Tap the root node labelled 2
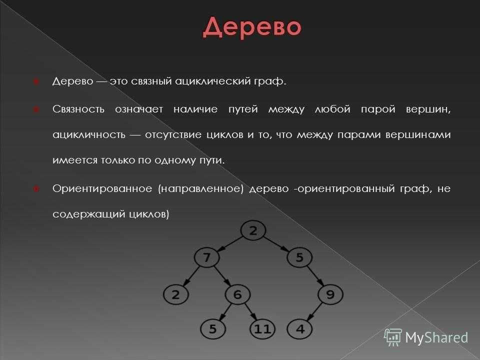[x=253, y=230]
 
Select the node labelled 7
[x=206, y=257]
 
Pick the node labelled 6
[x=237, y=294]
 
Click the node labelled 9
[x=330, y=294]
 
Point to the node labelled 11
[x=262, y=329]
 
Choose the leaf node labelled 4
[x=300, y=329]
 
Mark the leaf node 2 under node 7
[x=175, y=294]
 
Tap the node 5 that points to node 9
[x=299, y=257]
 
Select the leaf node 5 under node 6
[x=213, y=329]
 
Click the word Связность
[x=78, y=109]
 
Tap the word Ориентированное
[x=102, y=188]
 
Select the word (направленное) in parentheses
[x=200, y=189]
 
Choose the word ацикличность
[x=89, y=135]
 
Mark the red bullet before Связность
[x=36, y=109]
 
